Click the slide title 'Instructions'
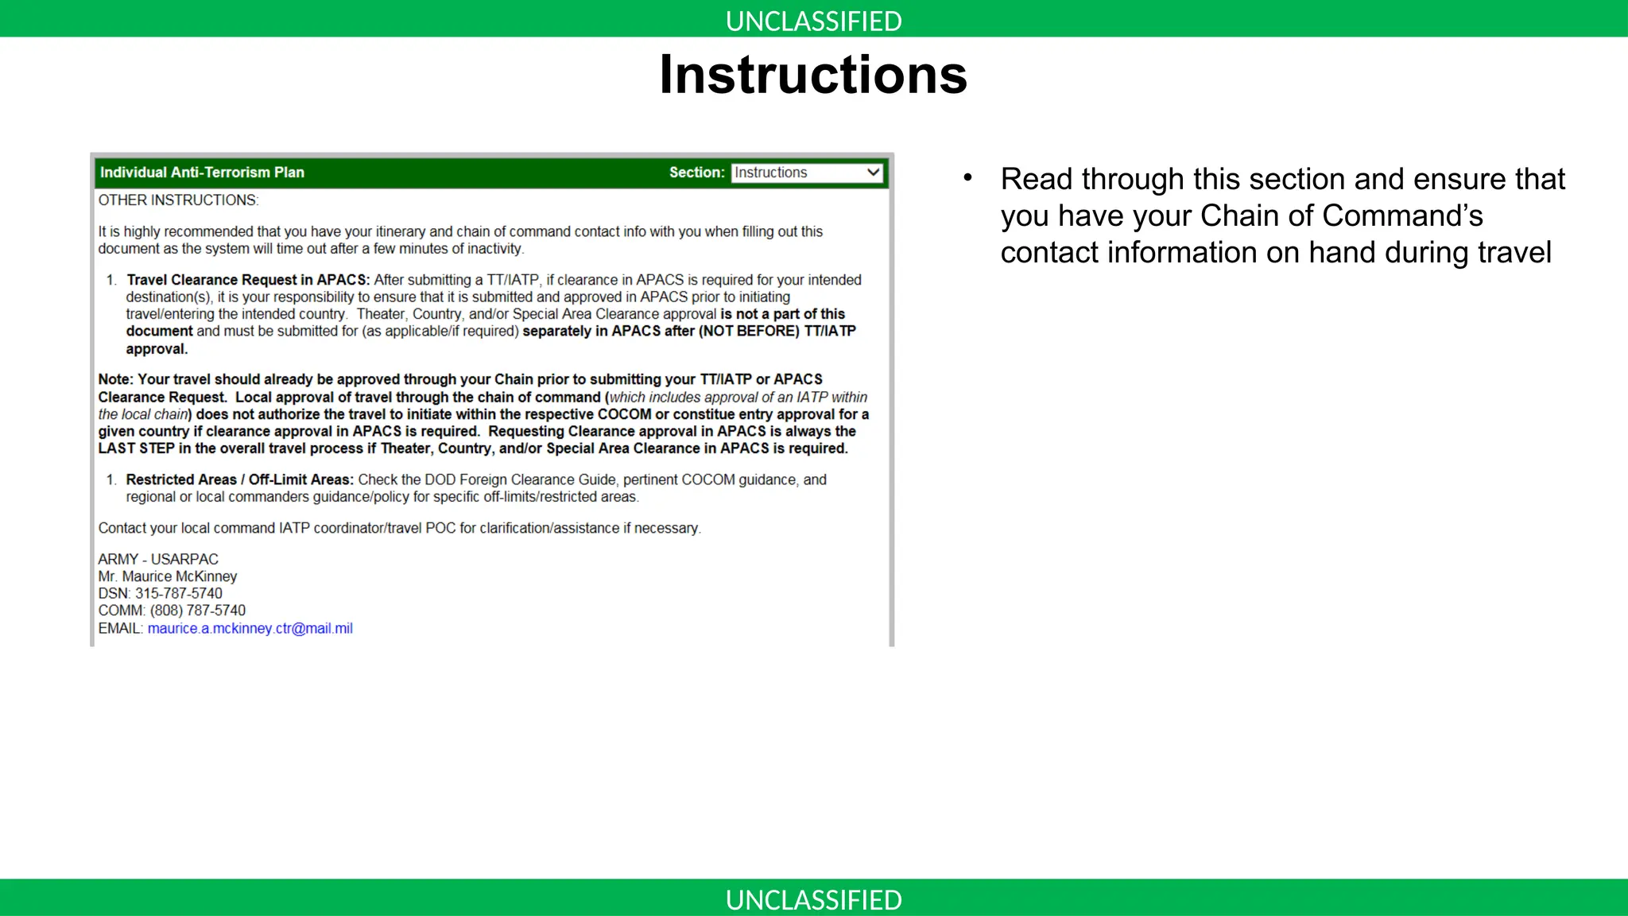813,75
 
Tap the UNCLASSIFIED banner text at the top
813,21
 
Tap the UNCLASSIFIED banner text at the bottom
813,899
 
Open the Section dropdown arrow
873,173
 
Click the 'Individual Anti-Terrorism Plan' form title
202,173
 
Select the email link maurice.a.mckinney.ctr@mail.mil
250,628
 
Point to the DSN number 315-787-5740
179,593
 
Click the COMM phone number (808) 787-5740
198,611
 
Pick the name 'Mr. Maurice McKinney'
168,576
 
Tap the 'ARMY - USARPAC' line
158,559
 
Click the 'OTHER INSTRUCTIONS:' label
178,200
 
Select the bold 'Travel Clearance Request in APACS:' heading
248,280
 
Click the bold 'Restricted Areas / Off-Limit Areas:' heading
239,479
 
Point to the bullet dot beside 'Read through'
967,178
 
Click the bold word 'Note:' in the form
116,379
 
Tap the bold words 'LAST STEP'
136,448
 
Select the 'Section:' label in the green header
696,173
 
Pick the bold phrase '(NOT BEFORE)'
749,331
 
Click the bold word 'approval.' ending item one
157,349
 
